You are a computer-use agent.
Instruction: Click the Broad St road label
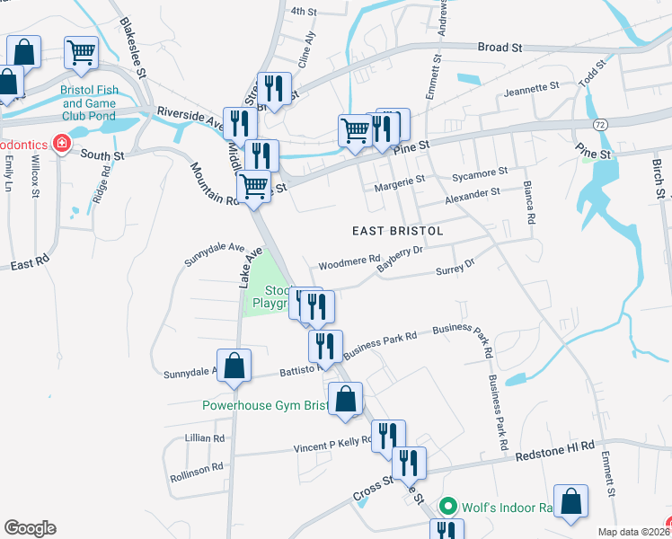tap(500, 47)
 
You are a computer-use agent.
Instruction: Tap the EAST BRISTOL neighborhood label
tap(386, 231)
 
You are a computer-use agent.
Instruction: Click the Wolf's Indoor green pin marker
tap(452, 507)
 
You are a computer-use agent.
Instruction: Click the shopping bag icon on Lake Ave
tap(234, 366)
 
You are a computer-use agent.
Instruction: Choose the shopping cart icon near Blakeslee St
tap(82, 52)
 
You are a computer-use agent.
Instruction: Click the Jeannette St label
tap(531, 88)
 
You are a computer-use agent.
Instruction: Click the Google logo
tap(30, 527)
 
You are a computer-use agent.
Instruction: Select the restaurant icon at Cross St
tap(409, 463)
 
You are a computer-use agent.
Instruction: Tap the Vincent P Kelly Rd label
tap(332, 442)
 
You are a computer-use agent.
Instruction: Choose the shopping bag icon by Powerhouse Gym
tap(345, 398)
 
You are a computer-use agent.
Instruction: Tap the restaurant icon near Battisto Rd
tap(325, 346)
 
